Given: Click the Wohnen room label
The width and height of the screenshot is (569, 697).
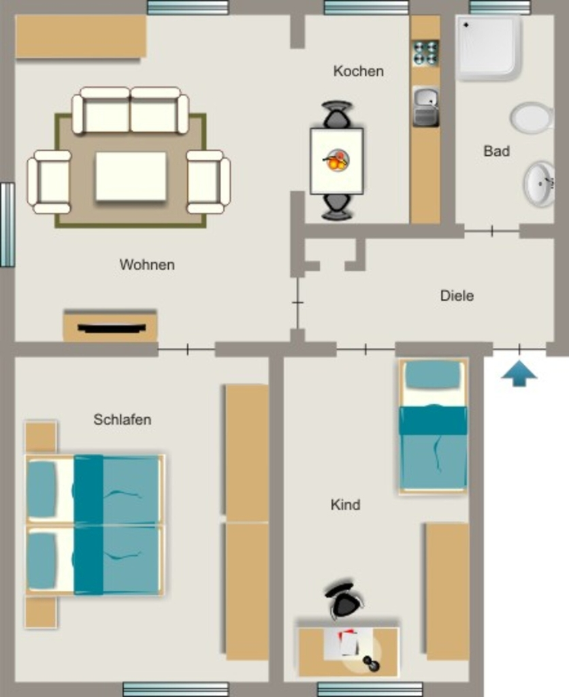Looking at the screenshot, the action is pos(147,265).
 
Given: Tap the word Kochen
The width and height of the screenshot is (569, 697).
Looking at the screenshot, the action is pos(358,71).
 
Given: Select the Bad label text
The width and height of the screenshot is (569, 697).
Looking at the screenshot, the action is pos(497,151).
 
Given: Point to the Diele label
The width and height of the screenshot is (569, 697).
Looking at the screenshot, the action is pos(457,295).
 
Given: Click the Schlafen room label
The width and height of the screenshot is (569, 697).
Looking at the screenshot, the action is pos(123,419).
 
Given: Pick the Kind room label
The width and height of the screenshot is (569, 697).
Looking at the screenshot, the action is pos(345,504).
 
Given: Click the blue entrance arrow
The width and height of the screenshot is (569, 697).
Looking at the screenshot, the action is pos(519,374).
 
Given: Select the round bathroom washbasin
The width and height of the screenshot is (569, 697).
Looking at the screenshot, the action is pos(539,184).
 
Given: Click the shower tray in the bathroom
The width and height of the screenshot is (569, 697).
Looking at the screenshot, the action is pos(488,48).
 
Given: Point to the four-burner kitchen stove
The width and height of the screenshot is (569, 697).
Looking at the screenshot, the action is pos(425,53).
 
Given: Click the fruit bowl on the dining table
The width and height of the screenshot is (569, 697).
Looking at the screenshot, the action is pos(336,161).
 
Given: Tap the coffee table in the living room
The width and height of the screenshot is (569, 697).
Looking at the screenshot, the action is pos(131,176).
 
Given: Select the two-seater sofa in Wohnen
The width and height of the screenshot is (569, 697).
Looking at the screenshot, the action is pos(130,111).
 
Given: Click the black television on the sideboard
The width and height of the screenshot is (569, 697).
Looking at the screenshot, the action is pos(112,329).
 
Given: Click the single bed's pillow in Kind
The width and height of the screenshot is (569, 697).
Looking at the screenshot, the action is pos(433,374).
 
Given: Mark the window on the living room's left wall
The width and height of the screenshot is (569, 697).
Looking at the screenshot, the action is pos(7,225).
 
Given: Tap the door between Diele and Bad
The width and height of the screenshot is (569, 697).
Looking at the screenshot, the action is pos(491,231).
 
